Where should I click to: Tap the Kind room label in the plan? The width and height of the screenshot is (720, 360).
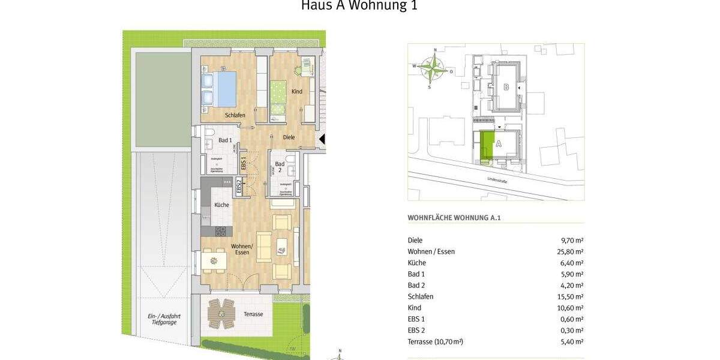click(296, 92)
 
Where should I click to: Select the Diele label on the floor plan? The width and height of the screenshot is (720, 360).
click(289, 137)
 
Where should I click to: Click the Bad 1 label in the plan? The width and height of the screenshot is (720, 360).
click(225, 140)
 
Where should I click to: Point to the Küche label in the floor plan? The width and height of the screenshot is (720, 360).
click(221, 205)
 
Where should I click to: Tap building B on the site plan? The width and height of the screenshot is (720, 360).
click(506, 88)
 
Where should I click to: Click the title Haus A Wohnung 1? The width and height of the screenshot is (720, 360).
click(359, 6)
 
